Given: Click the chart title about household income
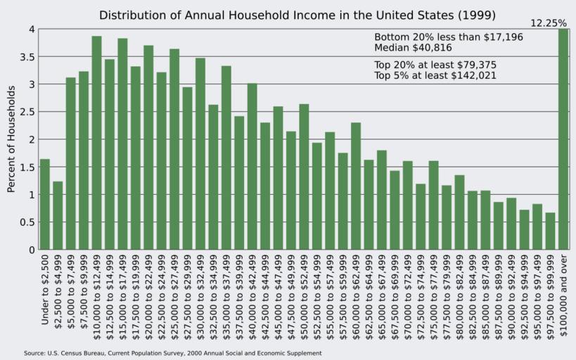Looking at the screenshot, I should [x=297, y=15].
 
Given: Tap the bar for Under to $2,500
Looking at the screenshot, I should [x=45, y=204].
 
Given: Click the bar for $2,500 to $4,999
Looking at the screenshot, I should [x=58, y=215].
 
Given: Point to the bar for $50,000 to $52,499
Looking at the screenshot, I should [x=304, y=176].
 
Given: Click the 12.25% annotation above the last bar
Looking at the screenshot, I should [x=548, y=23].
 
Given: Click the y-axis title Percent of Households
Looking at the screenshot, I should [x=11, y=139].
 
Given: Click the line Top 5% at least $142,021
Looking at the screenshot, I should [x=435, y=75].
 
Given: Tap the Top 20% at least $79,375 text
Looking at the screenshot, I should [x=435, y=64].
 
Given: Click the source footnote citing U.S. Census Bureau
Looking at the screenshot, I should [x=172, y=353].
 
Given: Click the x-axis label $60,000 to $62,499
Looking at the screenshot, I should [x=357, y=295].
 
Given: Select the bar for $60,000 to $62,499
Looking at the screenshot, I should [x=356, y=186].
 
